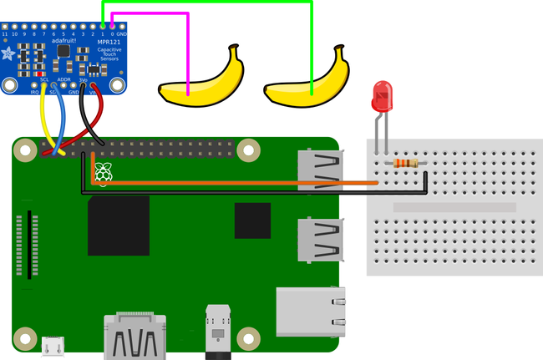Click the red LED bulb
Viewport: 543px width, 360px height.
[383, 96]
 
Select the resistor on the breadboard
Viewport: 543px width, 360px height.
[405, 164]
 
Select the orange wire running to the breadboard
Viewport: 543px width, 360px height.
[234, 181]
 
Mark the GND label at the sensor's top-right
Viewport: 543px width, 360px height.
[121, 33]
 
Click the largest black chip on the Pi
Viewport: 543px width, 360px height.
[119, 226]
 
